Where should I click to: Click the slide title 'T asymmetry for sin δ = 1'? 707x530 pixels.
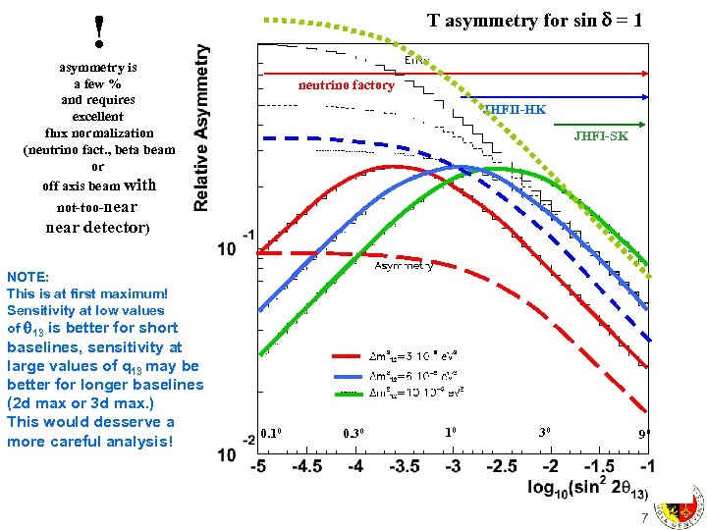(x=535, y=21)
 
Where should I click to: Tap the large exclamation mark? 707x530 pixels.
(x=99, y=32)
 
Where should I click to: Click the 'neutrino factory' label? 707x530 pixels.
(x=347, y=85)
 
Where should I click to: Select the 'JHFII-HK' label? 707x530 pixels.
(x=515, y=109)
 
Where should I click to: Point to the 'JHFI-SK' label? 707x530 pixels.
(x=601, y=136)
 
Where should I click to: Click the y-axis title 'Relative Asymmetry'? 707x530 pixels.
(x=201, y=128)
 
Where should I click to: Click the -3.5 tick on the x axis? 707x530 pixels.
(x=404, y=465)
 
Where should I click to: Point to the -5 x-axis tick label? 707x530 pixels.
(x=257, y=465)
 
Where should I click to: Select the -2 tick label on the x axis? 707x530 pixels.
(x=550, y=465)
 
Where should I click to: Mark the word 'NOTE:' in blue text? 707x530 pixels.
(x=27, y=278)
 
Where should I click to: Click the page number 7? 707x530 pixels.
(x=644, y=517)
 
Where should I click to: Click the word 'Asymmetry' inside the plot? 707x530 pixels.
(x=404, y=265)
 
